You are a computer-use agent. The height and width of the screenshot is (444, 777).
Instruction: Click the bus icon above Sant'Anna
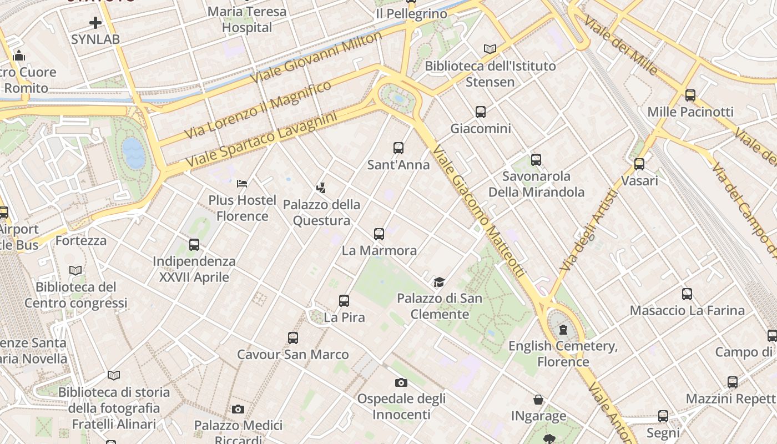pos(398,148)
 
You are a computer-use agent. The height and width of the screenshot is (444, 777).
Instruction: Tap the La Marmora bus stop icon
pos(379,234)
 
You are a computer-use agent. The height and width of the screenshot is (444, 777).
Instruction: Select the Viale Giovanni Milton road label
pos(316,57)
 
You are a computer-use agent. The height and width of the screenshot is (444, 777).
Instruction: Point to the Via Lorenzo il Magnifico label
pos(258,110)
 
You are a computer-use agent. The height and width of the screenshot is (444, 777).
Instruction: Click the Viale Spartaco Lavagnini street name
pos(261,141)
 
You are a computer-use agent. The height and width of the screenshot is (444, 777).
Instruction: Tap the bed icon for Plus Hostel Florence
pos(242,183)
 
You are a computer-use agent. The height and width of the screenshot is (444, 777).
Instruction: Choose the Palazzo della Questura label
pos(321,213)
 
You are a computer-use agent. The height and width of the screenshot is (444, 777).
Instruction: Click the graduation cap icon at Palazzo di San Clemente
pos(439,282)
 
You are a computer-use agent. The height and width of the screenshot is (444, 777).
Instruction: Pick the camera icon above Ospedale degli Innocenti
pos(401,382)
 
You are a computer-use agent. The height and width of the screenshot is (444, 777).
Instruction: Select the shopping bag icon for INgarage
pos(538,400)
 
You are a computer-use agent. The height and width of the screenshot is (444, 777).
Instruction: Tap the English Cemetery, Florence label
pos(563,354)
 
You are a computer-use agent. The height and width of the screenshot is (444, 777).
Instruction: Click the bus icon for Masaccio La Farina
pos(687,294)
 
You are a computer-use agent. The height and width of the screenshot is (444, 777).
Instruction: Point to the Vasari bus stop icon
pos(639,164)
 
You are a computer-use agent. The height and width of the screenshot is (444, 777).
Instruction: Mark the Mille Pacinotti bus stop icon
pos(690,95)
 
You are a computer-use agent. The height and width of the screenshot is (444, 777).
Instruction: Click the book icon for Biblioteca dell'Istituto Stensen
pos(490,49)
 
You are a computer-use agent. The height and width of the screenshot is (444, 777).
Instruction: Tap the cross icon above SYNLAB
pos(95,23)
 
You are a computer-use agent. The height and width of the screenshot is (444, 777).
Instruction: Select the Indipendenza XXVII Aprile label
pos(194,269)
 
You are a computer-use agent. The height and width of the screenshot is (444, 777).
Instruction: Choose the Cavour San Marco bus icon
pos(293,338)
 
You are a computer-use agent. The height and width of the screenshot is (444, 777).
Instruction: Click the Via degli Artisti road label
pos(589,230)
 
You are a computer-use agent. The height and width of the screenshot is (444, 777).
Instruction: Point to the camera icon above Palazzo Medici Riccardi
pos(238,410)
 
